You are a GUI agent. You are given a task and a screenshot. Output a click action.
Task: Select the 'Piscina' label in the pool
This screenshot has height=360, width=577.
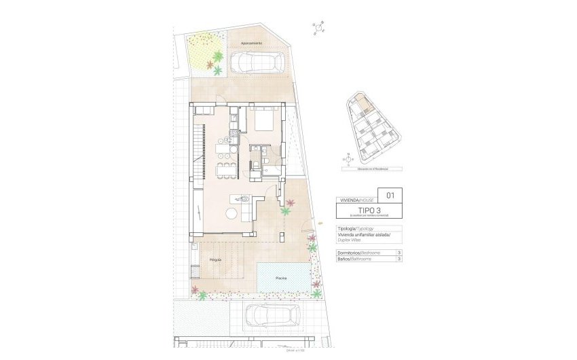[x=281, y=278]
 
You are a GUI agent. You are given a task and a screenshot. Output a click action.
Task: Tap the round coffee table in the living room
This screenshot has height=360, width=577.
[x=231, y=214]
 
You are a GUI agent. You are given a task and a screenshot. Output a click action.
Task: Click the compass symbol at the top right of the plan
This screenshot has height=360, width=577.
[x=318, y=28]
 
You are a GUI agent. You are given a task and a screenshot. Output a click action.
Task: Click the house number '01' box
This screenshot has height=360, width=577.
[x=390, y=195]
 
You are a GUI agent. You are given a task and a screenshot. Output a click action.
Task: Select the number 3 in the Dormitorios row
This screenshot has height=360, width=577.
[x=399, y=253]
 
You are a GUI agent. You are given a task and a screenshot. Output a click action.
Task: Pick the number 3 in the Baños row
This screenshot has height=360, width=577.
[x=399, y=259]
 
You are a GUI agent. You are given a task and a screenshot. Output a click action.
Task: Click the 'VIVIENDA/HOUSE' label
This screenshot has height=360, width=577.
[x=353, y=201]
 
